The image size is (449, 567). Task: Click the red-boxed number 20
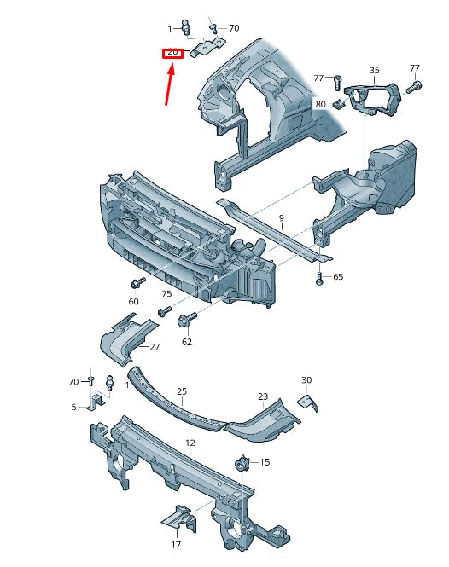173,53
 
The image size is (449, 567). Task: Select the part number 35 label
374,70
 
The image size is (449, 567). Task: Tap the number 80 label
320,104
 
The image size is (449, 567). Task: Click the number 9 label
281,218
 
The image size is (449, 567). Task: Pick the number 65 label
337,277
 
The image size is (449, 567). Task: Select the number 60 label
134,301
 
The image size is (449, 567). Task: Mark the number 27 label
155,347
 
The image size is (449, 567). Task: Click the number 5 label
73,407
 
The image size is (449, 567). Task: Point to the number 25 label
181,391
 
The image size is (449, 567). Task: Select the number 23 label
263,396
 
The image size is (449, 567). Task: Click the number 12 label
190,443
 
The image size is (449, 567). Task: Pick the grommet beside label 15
241,465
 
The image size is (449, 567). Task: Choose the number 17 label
175,545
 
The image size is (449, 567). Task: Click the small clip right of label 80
338,104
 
